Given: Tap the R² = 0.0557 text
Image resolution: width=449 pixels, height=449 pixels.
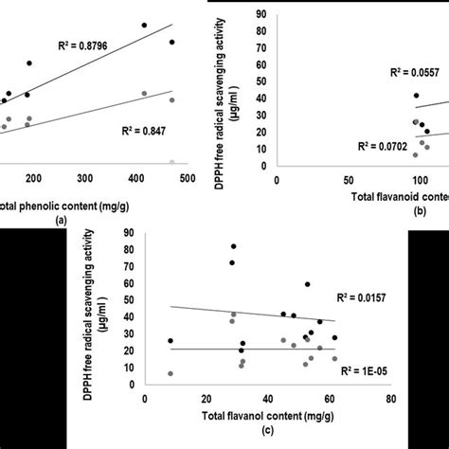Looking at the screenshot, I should (x=414, y=72).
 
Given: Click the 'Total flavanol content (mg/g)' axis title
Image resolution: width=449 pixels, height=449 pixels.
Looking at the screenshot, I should (x=267, y=415).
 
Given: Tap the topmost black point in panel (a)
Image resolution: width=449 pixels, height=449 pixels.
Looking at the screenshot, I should (x=144, y=25).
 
